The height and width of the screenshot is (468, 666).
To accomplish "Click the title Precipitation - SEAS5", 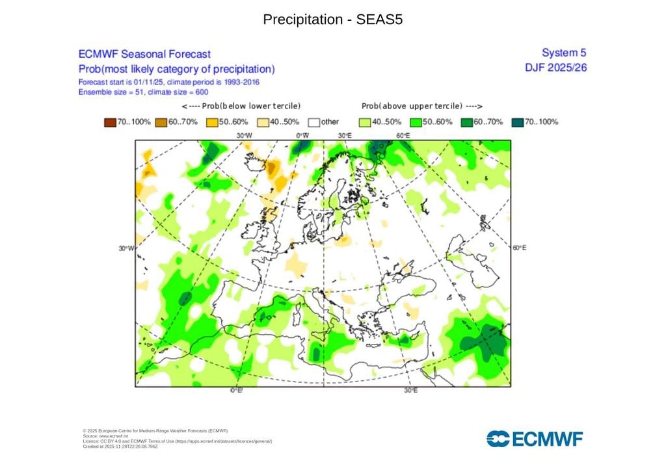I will pyautogui.click(x=332, y=19).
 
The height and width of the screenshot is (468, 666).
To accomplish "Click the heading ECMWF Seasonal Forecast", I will pyautogui.click(x=144, y=55).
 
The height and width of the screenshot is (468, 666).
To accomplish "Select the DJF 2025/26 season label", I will pyautogui.click(x=555, y=68).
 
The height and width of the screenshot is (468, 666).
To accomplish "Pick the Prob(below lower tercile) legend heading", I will pyautogui.click(x=241, y=106).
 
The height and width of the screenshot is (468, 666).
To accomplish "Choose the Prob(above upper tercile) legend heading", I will pyautogui.click(x=422, y=106).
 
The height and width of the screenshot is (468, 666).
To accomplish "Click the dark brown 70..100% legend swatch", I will pyautogui.click(x=109, y=122).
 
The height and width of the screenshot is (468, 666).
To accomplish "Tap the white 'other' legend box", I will pyautogui.click(x=313, y=122).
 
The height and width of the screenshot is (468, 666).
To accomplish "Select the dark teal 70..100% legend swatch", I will pyautogui.click(x=518, y=122).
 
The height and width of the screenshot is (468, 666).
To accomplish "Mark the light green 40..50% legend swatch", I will pyautogui.click(x=364, y=122).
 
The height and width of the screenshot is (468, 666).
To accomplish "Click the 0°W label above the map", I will pyautogui.click(x=302, y=135).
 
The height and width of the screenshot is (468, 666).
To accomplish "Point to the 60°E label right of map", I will pyautogui.click(x=519, y=248).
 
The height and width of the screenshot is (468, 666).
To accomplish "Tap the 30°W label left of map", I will pyautogui.click(x=126, y=248).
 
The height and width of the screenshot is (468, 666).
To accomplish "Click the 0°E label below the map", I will pyautogui.click(x=236, y=391).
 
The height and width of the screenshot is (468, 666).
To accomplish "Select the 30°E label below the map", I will pyautogui.click(x=411, y=391).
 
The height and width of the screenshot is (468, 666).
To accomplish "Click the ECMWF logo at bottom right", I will pyautogui.click(x=535, y=439).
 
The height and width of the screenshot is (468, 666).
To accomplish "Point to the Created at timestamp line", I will pyautogui.click(x=120, y=447).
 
